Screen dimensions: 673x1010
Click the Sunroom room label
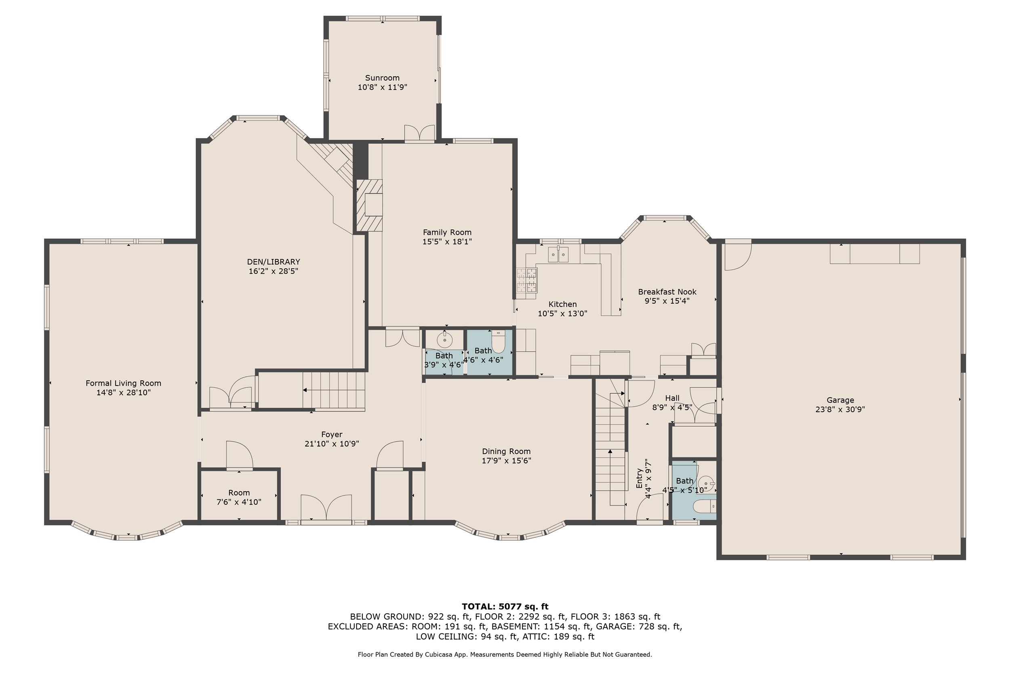click(382, 78)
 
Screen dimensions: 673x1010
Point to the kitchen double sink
click(558, 255)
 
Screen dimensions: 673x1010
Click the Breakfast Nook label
click(667, 292)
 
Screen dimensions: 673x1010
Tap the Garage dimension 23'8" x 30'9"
click(840, 409)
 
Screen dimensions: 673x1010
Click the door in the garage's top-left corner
click(737, 256)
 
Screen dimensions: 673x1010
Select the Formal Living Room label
click(123, 383)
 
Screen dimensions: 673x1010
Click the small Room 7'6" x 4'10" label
click(239, 493)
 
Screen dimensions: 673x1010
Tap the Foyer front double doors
click(326, 508)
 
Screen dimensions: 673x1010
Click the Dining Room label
click(506, 451)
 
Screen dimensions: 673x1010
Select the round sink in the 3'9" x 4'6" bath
click(444, 340)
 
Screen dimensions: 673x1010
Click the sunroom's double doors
click(419, 133)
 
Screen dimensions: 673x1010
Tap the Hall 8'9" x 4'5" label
click(671, 398)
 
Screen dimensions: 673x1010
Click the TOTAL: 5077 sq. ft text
click(505, 606)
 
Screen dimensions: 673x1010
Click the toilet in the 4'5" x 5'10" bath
click(705, 507)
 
